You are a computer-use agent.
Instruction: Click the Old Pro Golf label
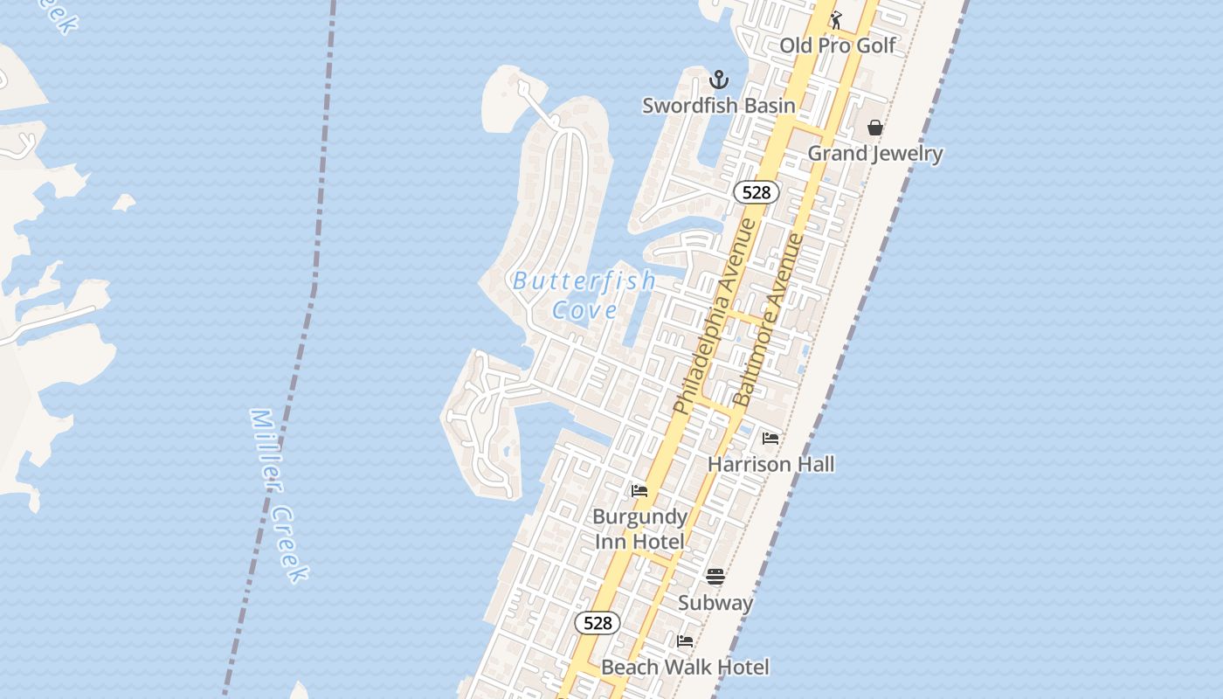837,45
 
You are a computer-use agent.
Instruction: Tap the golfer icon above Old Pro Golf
836,19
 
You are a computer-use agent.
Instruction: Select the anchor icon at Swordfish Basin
718,80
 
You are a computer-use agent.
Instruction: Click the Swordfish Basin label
719,106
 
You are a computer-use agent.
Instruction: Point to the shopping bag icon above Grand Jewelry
875,128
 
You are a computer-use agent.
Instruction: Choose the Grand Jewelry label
874,154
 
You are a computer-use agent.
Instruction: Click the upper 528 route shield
756,192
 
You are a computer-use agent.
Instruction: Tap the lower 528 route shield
598,623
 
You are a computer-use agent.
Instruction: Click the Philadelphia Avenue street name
715,316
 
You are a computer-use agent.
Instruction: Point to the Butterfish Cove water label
584,295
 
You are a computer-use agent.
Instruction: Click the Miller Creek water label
279,495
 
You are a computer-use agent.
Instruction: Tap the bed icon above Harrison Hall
770,438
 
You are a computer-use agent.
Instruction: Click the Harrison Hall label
770,464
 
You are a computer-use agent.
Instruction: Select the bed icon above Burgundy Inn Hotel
639,491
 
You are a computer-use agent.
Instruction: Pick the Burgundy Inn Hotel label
639,529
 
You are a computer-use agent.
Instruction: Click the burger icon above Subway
715,577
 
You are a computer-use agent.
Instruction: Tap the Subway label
715,603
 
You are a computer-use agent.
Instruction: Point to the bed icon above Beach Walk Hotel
685,641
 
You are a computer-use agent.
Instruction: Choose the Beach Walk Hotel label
685,668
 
